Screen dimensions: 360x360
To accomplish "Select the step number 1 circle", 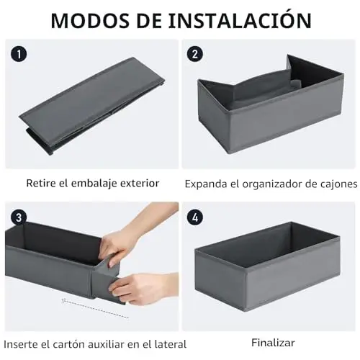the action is point(19,54).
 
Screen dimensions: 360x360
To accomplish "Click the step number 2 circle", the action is point(195,54).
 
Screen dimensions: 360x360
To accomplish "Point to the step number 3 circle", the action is point(19,217).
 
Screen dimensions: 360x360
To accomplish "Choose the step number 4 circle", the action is point(195,217).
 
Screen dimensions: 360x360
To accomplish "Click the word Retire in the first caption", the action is point(41,184).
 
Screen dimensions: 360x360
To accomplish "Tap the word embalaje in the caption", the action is point(94,184).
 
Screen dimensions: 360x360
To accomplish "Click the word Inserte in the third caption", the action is point(21,344).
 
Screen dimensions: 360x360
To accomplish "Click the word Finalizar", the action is point(273,343).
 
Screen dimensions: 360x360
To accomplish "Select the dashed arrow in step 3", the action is point(95,309).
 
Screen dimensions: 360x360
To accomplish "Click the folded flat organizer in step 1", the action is point(91,106).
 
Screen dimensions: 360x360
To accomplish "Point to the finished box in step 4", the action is point(268,266).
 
